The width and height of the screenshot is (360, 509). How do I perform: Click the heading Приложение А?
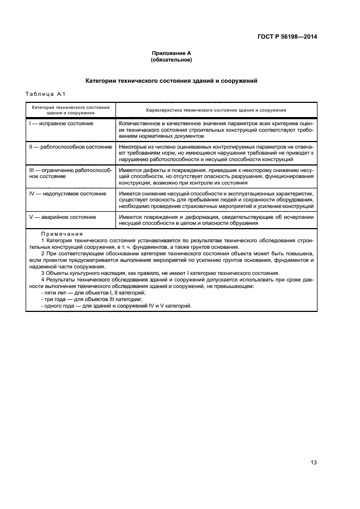click(171, 53)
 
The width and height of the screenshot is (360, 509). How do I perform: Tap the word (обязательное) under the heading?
click(171, 60)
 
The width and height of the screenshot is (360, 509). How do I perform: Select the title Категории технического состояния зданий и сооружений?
click(171, 81)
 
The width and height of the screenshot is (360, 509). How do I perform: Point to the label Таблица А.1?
click(46, 95)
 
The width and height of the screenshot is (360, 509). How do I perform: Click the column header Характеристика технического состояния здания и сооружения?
click(216, 110)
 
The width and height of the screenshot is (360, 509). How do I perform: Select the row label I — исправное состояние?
click(61, 124)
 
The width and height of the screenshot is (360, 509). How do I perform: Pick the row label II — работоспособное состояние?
click(70, 147)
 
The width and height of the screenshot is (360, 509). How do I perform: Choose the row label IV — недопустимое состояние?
click(64, 193)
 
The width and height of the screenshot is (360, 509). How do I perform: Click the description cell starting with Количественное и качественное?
click(216, 130)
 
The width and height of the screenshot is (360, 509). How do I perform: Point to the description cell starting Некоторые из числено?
click(216, 153)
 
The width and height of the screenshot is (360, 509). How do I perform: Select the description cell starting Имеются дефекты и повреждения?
click(216, 176)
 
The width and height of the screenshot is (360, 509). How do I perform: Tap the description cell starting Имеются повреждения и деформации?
click(216, 220)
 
